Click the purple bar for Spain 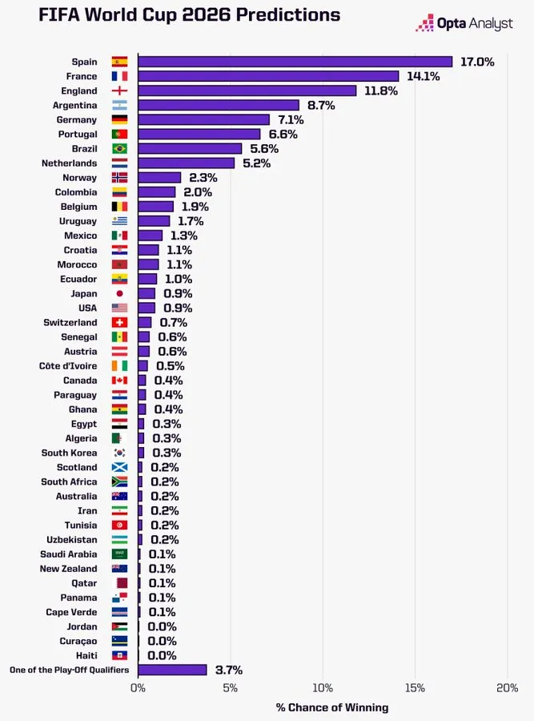pos(295,62)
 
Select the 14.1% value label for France pos(424,76)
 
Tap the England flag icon pos(119,91)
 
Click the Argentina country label pos(74,105)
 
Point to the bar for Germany pos(203,119)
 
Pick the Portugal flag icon pos(119,134)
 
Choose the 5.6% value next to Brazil pos(263,148)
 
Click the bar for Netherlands pos(186,163)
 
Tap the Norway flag pos(119,178)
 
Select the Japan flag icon pos(119,293)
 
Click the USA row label pos(86,308)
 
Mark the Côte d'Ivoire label pos(68,365)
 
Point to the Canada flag pos(119,380)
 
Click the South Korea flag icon pos(119,453)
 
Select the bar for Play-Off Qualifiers pos(172,670)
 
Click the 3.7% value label pos(229,670)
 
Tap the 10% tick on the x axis pos(323,688)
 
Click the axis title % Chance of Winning pos(332,707)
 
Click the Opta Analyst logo pos(464,24)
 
